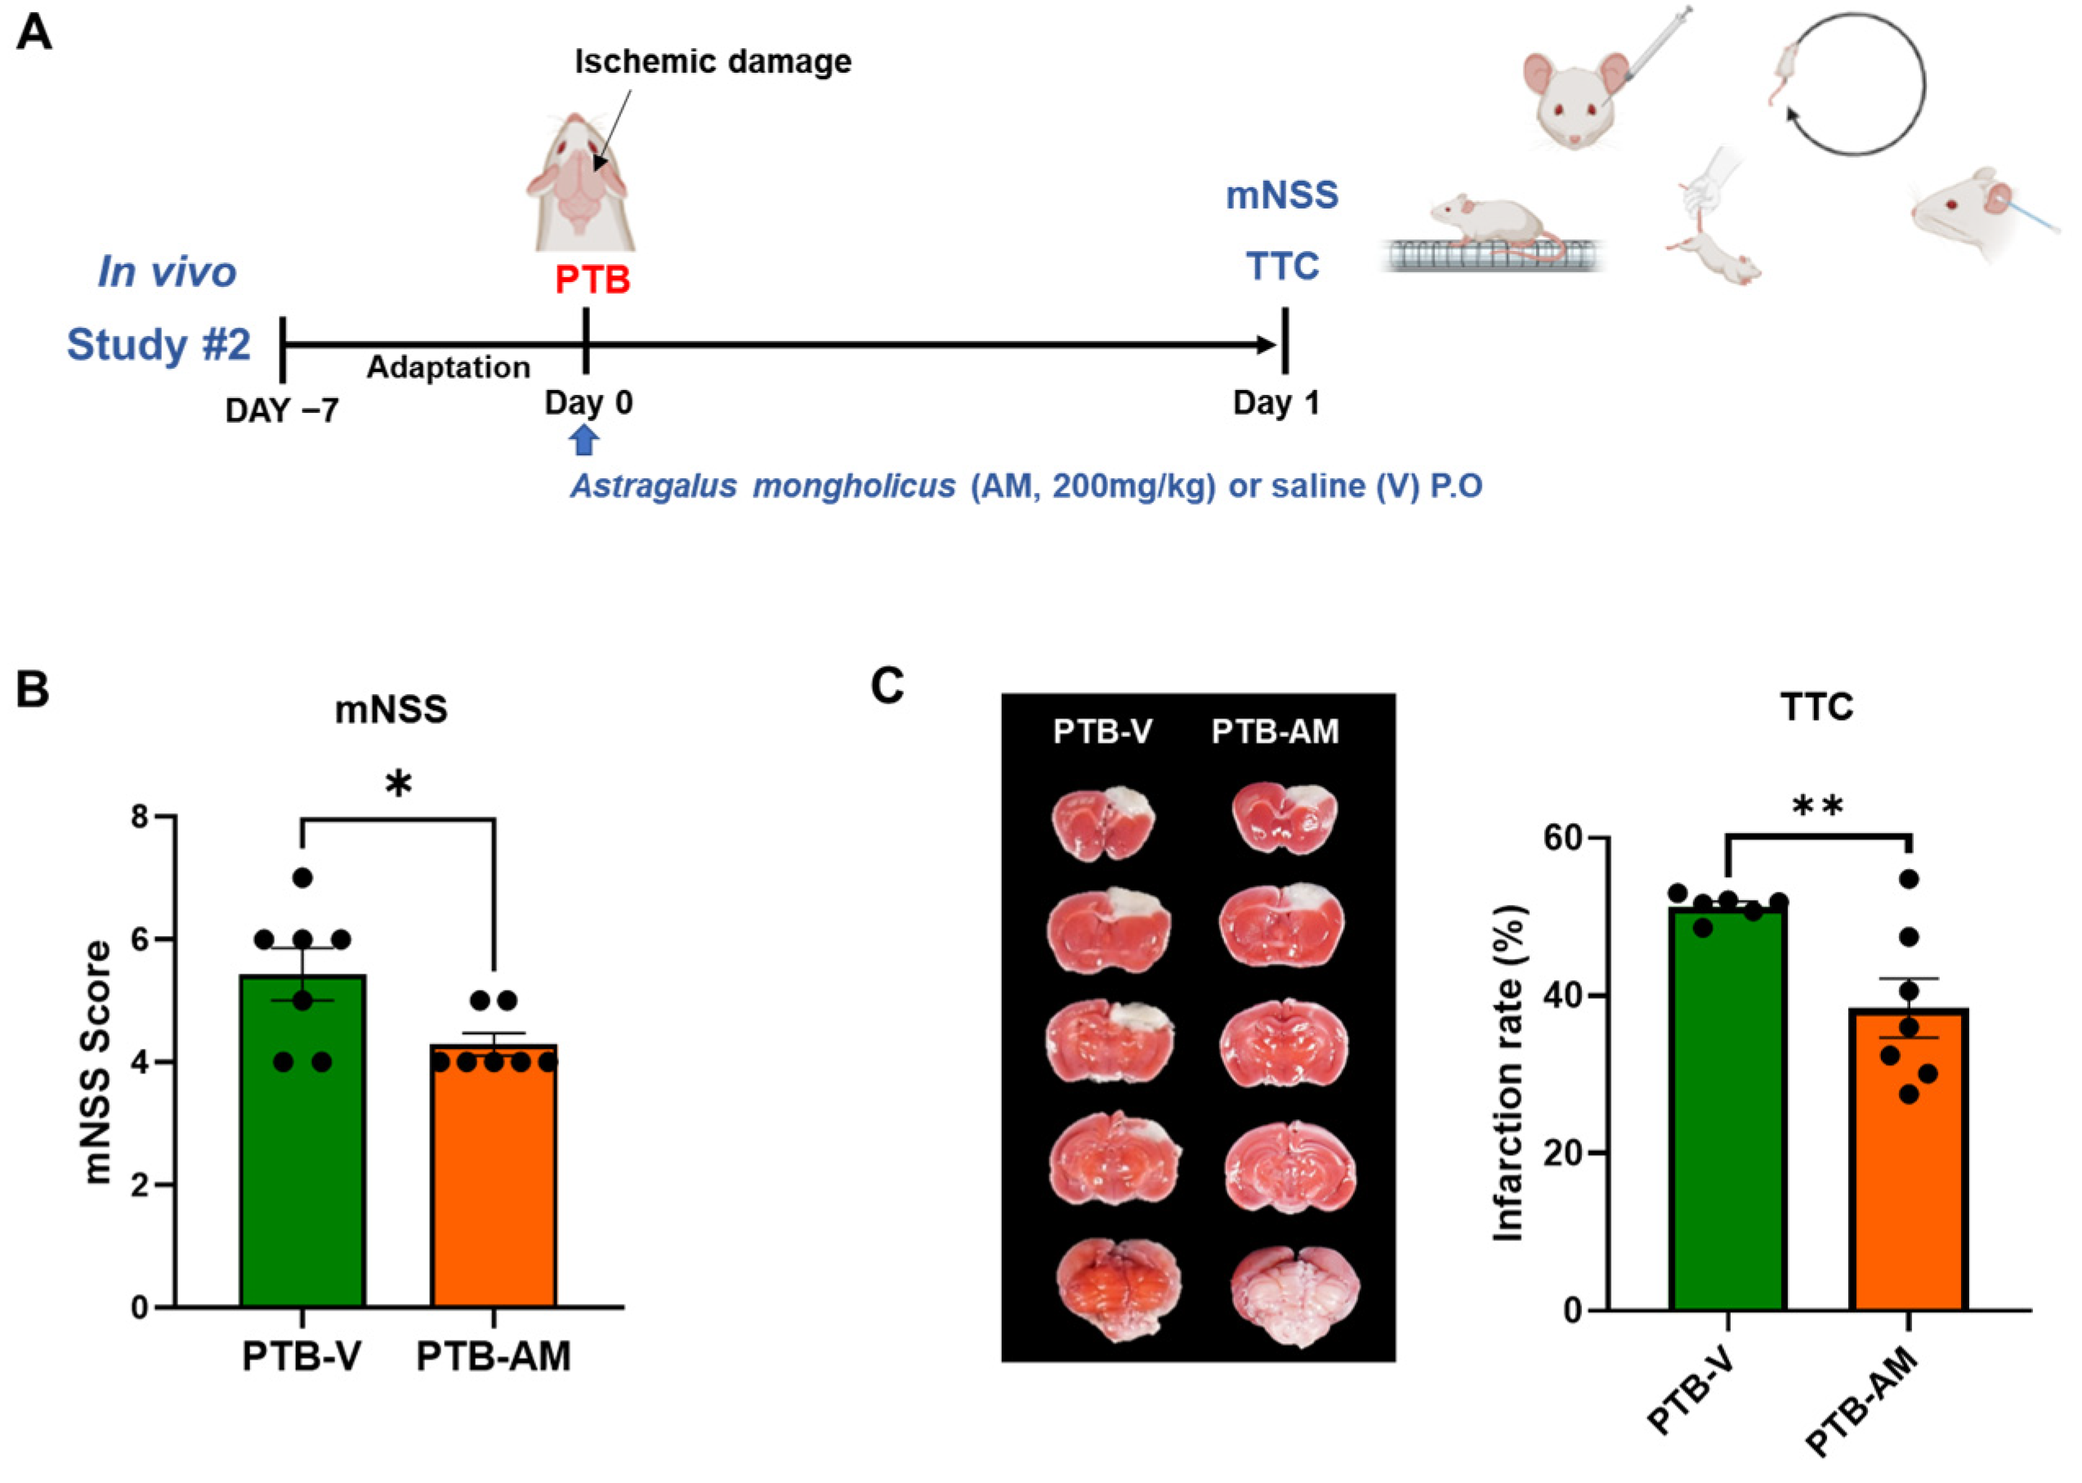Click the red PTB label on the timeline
592,280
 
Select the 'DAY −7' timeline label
281,410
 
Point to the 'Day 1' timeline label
1276,403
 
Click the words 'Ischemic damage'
713,61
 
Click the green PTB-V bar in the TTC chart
1727,1123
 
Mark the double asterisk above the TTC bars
1817,805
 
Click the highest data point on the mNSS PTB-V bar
302,877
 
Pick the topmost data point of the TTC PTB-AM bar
1909,879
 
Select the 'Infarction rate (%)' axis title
1508,1073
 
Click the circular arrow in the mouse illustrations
1855,84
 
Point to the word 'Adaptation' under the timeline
448,367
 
